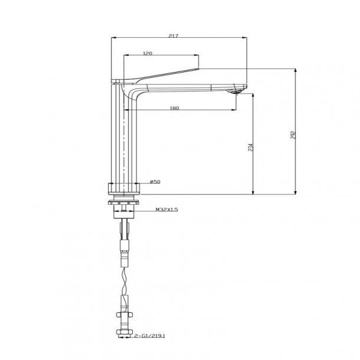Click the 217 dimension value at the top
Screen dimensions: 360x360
click(x=174, y=36)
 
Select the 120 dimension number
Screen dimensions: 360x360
click(x=148, y=54)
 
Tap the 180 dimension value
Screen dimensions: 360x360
click(x=174, y=108)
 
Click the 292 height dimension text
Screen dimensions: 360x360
click(x=292, y=135)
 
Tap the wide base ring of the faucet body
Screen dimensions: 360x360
click(x=125, y=189)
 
